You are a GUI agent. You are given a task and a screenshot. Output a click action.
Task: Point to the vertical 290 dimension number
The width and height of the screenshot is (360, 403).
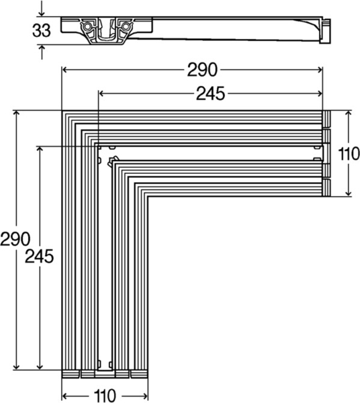coord(14,238)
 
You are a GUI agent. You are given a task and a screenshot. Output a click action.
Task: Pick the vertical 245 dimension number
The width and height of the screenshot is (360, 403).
coord(39,256)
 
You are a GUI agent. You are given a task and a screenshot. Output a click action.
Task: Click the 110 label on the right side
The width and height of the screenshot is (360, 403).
coord(348,154)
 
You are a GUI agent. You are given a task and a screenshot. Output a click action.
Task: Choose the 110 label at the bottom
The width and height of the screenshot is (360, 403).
coord(104,394)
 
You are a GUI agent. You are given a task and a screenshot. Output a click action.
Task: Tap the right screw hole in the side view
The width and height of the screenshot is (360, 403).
coord(124,26)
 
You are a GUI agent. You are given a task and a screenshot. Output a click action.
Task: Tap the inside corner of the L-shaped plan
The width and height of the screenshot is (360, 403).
coord(147,196)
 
